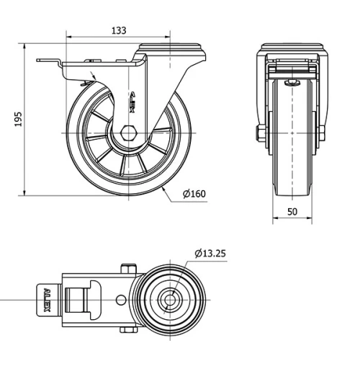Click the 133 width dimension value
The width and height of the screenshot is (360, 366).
pos(119,30)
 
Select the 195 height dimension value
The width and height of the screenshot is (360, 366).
pos(19,120)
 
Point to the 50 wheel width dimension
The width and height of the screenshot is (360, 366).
pos(292,211)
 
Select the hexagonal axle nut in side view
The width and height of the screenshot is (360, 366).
pos(130,133)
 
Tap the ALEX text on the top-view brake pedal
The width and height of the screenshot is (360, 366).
pos(47,298)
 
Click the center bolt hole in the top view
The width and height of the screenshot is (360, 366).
pos(171,298)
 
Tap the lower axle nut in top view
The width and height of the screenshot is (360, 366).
pos(129,330)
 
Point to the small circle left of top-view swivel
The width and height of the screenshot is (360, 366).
pos(121,298)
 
